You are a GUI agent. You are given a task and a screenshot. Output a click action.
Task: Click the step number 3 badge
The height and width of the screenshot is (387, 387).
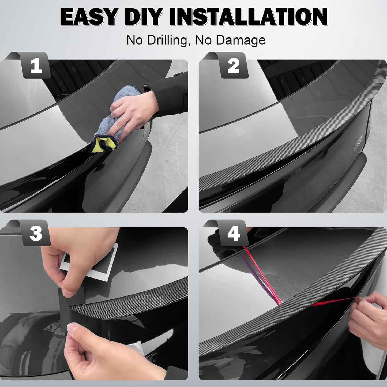coord(36,233)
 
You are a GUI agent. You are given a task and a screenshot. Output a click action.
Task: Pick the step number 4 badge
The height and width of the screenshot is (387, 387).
coord(234,233)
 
